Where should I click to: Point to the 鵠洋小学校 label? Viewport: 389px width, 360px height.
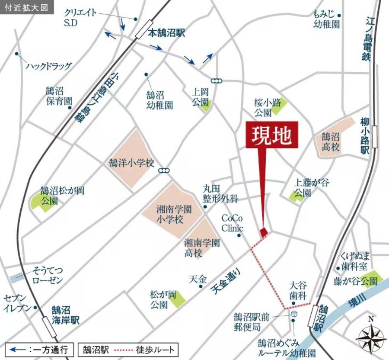click(x=131, y=164)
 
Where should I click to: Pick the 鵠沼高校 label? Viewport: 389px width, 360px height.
click(x=331, y=141)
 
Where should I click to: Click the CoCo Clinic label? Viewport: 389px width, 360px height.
click(x=232, y=223)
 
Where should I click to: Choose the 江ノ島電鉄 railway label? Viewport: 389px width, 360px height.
click(x=368, y=39)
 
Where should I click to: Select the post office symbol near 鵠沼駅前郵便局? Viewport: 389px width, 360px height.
click(x=294, y=313)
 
